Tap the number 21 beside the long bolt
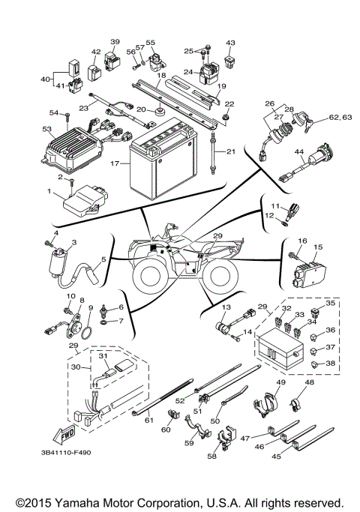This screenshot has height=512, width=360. pyautogui.click(x=230, y=152)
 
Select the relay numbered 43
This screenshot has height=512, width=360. pyautogui.click(x=229, y=57)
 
